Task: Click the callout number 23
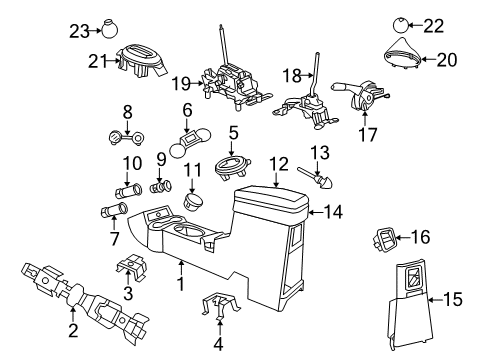tap(78, 31)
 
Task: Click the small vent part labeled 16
tap(383, 267)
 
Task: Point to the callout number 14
tap(331, 211)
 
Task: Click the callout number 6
tap(187, 110)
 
